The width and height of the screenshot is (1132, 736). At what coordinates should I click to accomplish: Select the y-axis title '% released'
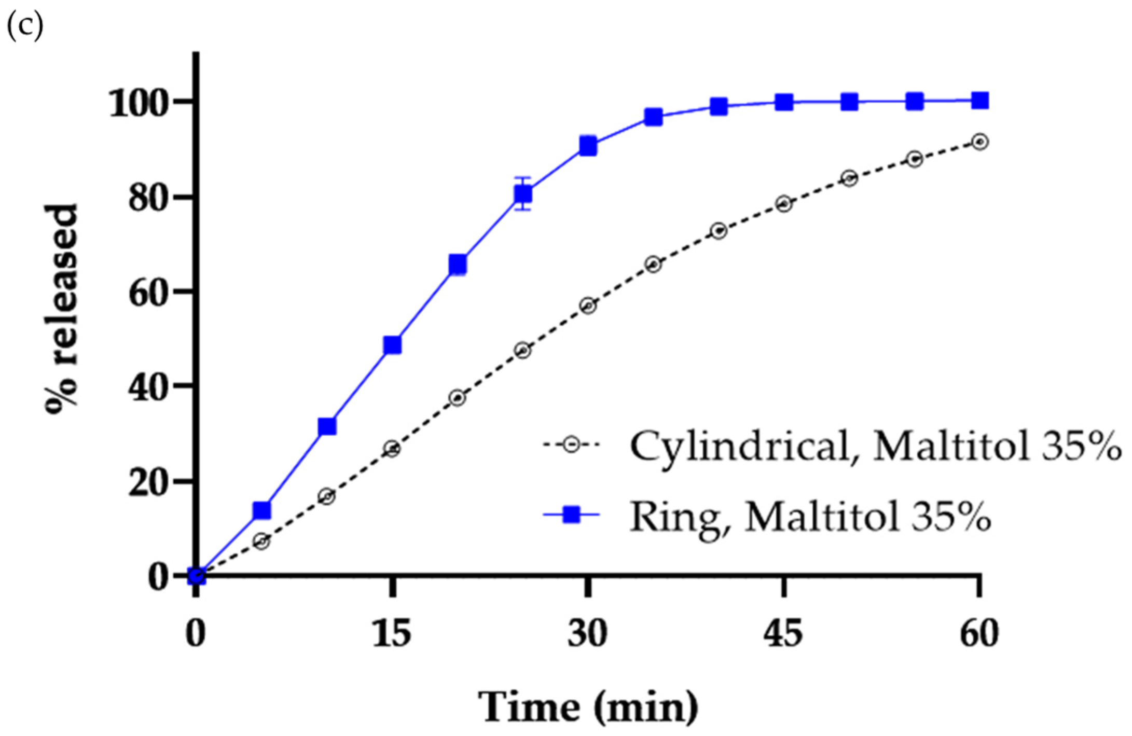[x=62, y=309]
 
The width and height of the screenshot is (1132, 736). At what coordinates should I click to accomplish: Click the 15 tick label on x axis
[x=392, y=633]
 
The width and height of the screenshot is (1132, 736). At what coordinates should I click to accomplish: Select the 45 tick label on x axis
[x=783, y=633]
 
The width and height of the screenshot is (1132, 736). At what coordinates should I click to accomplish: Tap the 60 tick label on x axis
[x=979, y=633]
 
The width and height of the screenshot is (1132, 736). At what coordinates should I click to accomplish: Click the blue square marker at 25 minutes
[x=523, y=193]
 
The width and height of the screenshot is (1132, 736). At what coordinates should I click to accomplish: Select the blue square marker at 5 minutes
[x=262, y=510]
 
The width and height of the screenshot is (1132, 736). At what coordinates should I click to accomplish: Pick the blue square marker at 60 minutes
[x=979, y=101]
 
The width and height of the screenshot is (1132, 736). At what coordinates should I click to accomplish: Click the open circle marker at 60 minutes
[x=979, y=142]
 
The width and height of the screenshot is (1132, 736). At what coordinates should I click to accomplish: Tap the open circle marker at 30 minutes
[x=588, y=305]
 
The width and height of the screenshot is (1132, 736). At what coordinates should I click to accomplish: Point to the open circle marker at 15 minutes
[x=392, y=449]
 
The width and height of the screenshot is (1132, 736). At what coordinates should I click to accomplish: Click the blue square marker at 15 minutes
[x=392, y=345]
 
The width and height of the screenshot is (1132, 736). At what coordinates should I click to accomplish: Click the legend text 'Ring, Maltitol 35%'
[x=810, y=517]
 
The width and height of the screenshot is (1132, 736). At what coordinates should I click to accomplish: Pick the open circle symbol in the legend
[x=571, y=445]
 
